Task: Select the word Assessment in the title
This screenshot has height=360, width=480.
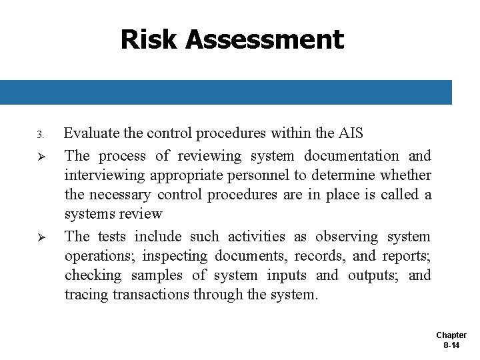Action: click(265, 40)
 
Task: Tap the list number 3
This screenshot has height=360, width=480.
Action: click(40, 135)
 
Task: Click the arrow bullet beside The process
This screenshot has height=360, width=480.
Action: click(41, 156)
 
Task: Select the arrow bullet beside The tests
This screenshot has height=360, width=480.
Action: click(41, 237)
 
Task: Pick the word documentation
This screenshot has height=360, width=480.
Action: click(351, 156)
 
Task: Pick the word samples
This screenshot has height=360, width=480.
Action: click(157, 275)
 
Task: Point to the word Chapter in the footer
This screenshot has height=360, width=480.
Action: click(451, 335)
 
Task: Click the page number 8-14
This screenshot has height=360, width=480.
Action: click(451, 345)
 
